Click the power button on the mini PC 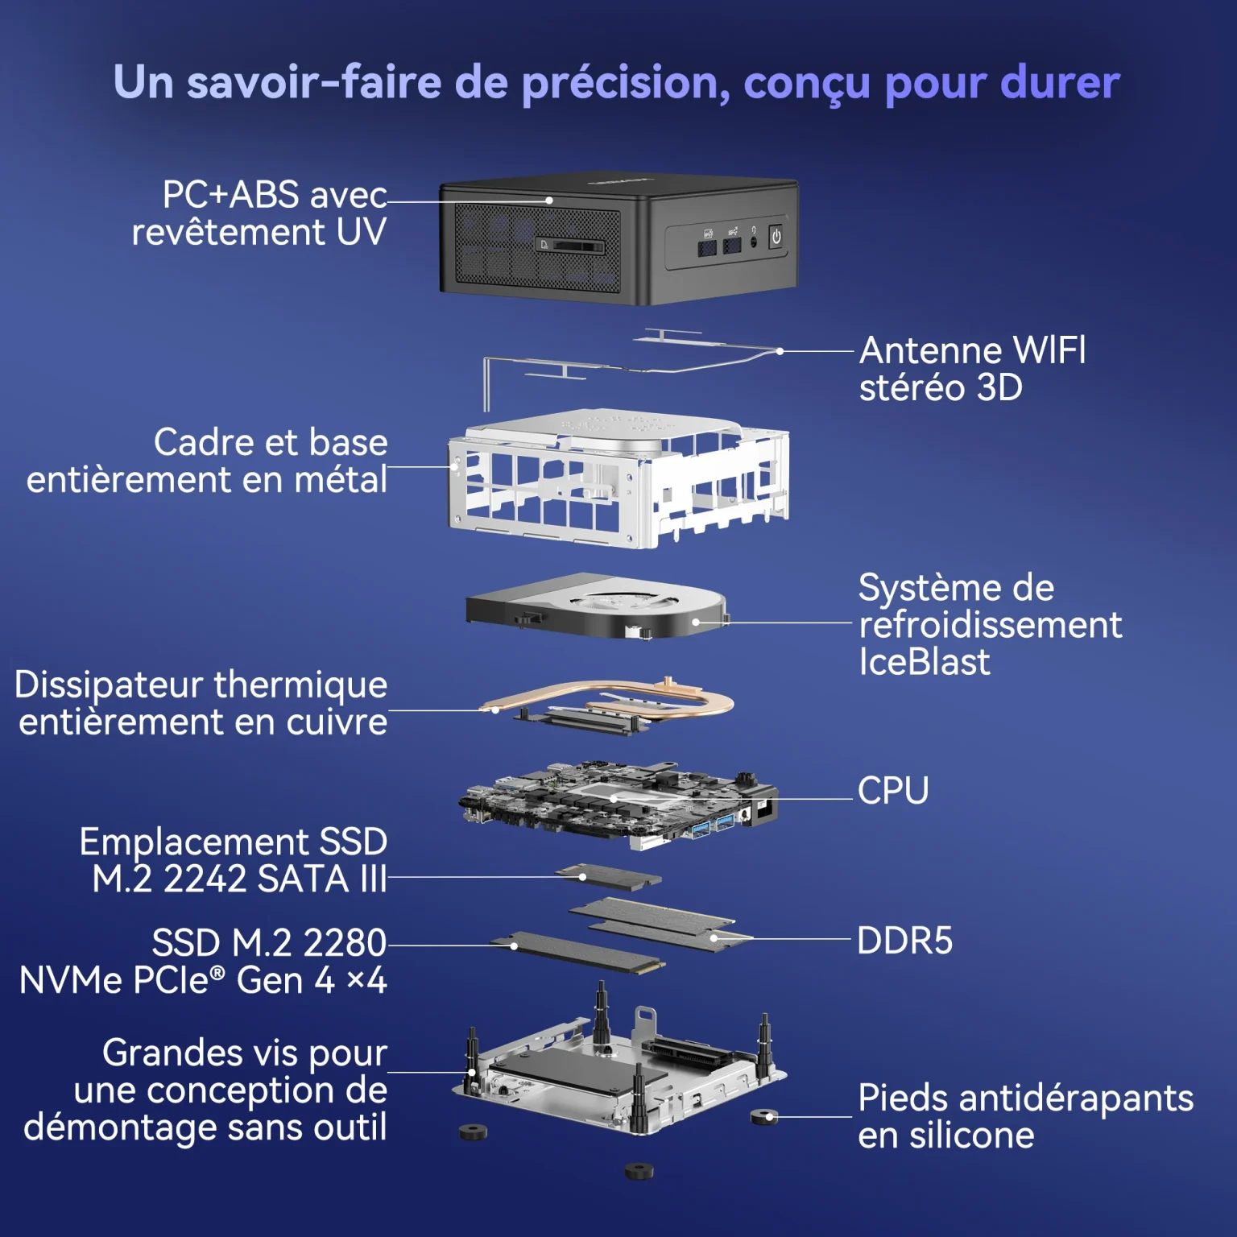(x=776, y=237)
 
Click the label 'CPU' (x=893, y=790)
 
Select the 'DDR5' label (x=904, y=941)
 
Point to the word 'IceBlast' (x=924, y=662)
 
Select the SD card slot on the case (x=570, y=246)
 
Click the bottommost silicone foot (x=639, y=1170)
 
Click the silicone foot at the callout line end (x=763, y=1117)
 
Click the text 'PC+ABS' (x=230, y=195)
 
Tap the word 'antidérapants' (x=1076, y=1098)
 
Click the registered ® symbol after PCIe (x=217, y=974)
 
